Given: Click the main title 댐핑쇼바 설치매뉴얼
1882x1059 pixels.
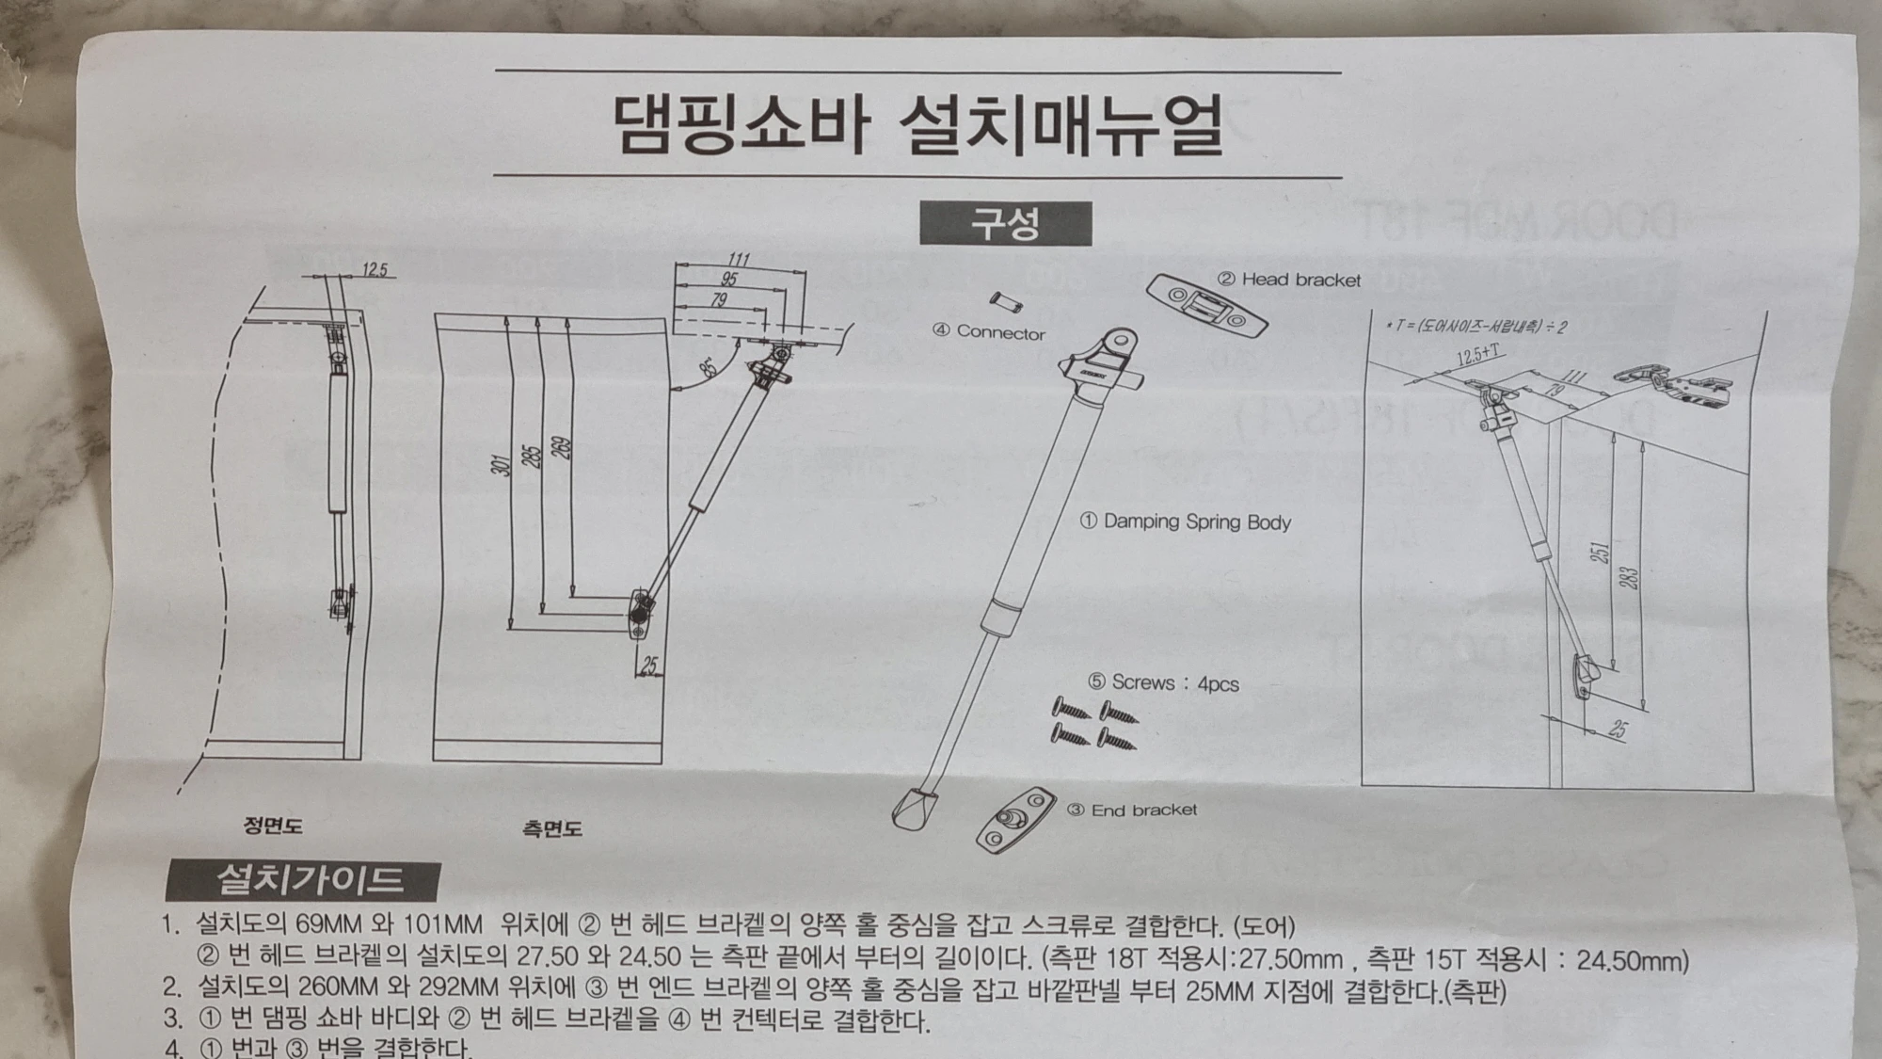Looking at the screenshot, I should [917, 124].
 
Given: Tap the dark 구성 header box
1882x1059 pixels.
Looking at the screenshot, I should [1005, 224].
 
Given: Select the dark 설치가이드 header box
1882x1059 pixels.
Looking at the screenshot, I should [303, 880].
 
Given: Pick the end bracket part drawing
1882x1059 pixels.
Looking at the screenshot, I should [1015, 818].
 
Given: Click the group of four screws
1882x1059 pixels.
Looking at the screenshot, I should [1093, 723].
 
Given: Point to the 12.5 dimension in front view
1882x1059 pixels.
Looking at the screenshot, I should [375, 270].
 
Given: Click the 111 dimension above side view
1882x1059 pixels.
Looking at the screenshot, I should [739, 260].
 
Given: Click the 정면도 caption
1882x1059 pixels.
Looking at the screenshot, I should [273, 826].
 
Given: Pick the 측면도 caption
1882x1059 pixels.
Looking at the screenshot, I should [552, 828].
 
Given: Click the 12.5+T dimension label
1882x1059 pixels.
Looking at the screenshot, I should [1478, 355].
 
